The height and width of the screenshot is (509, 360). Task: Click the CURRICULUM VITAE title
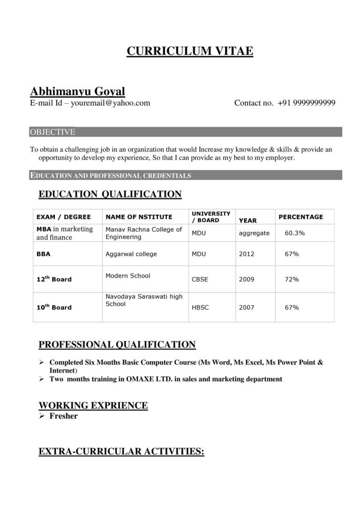coord(190,51)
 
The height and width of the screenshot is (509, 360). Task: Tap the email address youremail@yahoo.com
coord(110,103)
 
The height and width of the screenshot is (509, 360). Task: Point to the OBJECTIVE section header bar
coord(186,132)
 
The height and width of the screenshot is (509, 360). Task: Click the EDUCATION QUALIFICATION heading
coord(110,194)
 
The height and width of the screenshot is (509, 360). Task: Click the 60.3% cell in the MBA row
coord(295,233)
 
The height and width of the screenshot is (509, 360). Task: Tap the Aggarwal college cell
coord(131,254)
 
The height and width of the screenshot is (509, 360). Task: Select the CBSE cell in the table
coord(200,279)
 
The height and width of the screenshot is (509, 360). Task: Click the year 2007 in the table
coord(247,307)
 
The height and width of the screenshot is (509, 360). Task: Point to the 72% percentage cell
coord(292,279)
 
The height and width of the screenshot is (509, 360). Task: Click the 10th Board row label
coord(54,307)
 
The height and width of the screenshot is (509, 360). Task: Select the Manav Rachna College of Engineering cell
coord(143,233)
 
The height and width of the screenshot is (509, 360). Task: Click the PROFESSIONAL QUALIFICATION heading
coord(117,345)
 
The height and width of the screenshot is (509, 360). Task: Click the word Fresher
coord(63,416)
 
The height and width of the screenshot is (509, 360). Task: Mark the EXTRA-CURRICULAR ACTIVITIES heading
coord(121,451)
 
